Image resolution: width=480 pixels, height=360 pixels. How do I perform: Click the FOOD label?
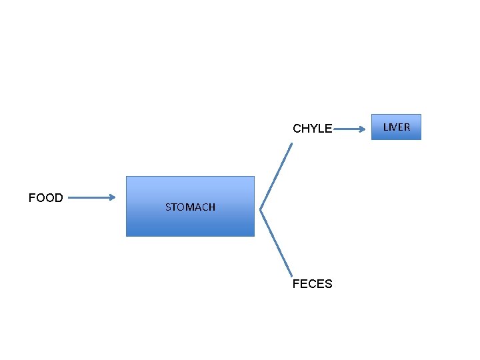(45, 197)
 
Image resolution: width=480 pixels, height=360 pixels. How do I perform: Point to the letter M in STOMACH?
(192, 207)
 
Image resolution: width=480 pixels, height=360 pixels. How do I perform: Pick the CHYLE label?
(312, 129)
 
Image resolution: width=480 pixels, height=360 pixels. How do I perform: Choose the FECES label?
(312, 284)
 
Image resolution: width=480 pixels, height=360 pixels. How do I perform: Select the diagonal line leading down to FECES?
(276, 243)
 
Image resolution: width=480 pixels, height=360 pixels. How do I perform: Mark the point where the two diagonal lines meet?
(260, 210)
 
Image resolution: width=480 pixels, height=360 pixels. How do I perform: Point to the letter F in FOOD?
(31, 197)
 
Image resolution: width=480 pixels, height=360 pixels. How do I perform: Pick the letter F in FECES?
(296, 284)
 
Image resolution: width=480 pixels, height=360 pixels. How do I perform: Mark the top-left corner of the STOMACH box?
(127, 177)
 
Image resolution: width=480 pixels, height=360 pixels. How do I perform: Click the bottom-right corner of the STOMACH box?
(254, 236)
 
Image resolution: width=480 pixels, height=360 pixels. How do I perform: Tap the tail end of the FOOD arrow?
(69, 197)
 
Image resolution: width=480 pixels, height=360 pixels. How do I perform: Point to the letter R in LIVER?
(407, 127)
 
